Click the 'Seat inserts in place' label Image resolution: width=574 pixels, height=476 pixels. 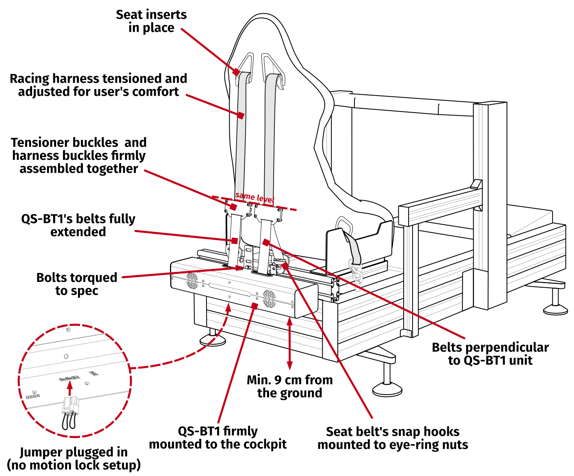[151, 21]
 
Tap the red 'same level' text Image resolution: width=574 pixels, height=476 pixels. [254, 197]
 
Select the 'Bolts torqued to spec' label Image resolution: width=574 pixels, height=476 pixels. [77, 284]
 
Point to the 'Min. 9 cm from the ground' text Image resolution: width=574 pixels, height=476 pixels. [289, 386]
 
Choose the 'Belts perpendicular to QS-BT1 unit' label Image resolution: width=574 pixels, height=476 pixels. [490, 354]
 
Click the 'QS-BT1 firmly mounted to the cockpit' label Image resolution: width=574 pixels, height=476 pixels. [218, 437]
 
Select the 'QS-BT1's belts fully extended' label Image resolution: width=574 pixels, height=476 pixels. [78, 225]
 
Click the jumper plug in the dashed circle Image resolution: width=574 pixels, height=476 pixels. [70, 406]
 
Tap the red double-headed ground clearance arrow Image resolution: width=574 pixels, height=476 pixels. [289, 343]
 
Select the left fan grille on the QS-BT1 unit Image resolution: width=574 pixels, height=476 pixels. [192, 281]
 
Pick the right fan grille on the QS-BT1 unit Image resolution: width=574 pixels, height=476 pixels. [269, 299]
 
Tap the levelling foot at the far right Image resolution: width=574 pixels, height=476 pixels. [555, 307]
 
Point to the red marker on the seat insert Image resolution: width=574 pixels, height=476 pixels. [236, 72]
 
